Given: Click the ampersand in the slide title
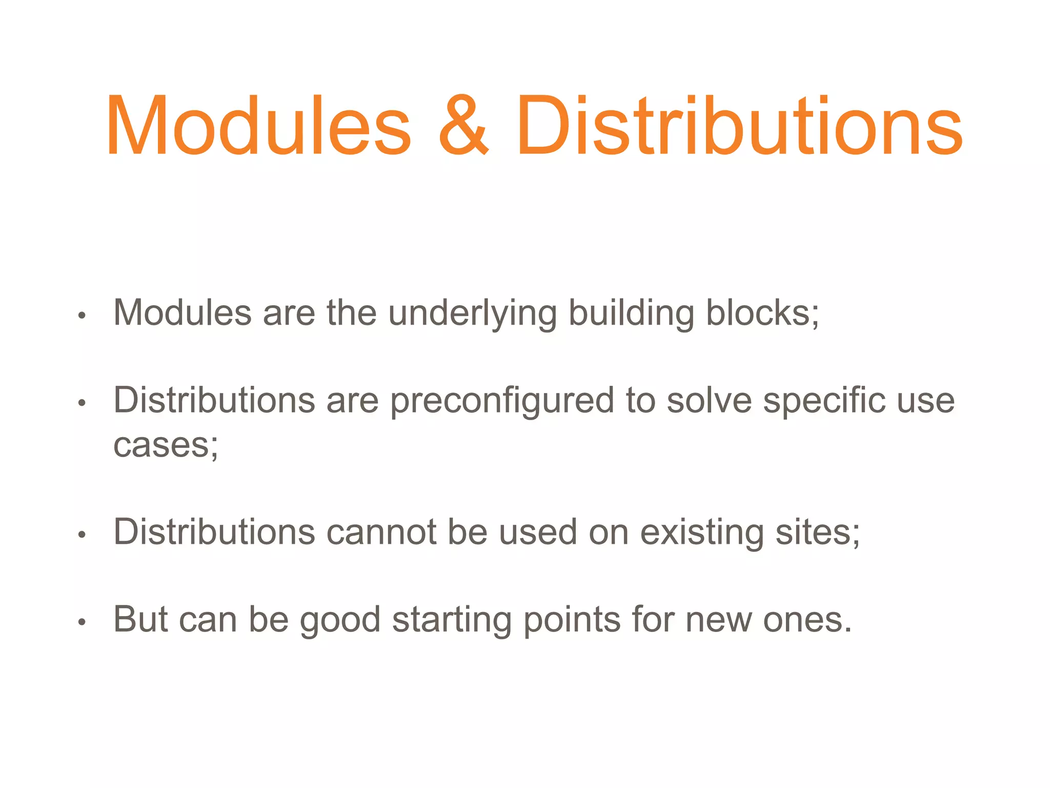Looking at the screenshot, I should pyautogui.click(x=464, y=126).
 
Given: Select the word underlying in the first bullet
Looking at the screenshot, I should pyautogui.click(x=472, y=313).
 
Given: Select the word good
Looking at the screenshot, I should pyautogui.click(x=340, y=620).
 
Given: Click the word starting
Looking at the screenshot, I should pyautogui.click(x=452, y=620).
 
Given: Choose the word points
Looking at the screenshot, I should pyautogui.click(x=572, y=620).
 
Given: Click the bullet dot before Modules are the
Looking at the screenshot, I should pyautogui.click(x=82, y=316).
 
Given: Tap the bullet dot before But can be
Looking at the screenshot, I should pyautogui.click(x=82, y=622).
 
